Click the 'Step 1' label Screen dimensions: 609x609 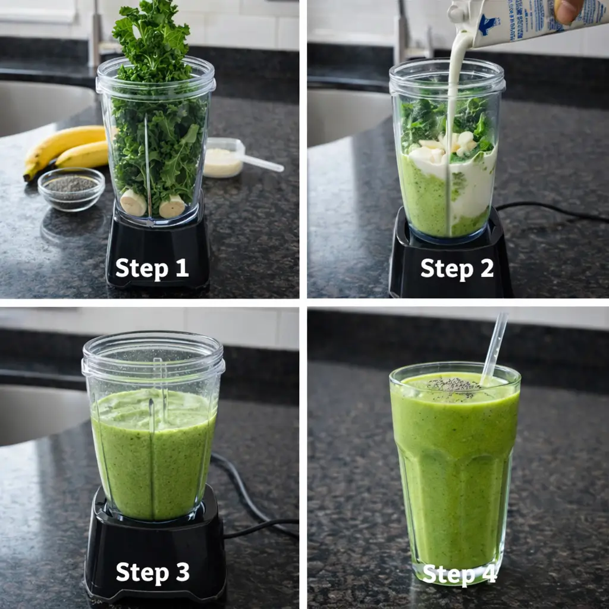pyautogui.click(x=152, y=268)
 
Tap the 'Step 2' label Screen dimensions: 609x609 pyautogui.click(x=457, y=269)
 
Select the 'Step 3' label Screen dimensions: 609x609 pyautogui.click(x=152, y=572)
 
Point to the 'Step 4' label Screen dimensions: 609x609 pyautogui.click(x=459, y=575)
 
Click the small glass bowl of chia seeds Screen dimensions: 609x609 pyautogui.click(x=71, y=189)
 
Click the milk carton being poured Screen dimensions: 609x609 pyautogui.click(x=511, y=23)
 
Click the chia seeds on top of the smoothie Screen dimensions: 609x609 pyautogui.click(x=454, y=385)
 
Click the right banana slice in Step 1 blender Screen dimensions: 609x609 pyautogui.click(x=172, y=206)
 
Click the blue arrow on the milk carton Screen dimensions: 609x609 pyautogui.click(x=489, y=25)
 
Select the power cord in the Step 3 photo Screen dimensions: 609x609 pyautogui.click(x=250, y=506)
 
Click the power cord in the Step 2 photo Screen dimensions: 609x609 pyautogui.click(x=553, y=211)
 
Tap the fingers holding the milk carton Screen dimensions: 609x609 pyautogui.click(x=569, y=11)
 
